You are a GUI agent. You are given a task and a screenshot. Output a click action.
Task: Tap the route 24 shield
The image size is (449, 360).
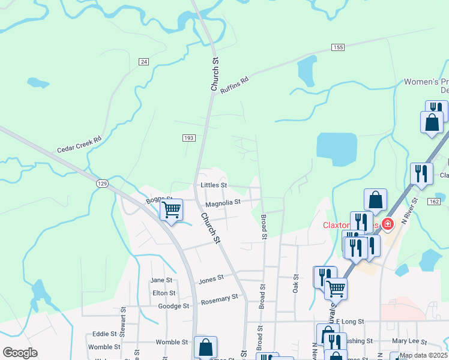click(143, 62)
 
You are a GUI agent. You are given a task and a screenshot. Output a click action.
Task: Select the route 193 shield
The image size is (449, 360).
click(188, 138)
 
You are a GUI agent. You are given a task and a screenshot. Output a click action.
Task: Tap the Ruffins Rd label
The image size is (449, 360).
click(234, 83)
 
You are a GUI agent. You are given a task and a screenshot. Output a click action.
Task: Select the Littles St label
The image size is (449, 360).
click(214, 185)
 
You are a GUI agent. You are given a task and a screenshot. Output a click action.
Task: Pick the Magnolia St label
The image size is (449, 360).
click(223, 203)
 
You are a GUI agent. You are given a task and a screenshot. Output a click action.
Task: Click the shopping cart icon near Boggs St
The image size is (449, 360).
click(171, 210)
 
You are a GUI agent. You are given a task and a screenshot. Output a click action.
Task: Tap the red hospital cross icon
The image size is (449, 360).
click(388, 224)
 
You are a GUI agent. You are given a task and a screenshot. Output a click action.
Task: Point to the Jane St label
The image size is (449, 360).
click(161, 280)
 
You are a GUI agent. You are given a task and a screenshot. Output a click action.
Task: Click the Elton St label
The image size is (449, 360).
click(164, 293)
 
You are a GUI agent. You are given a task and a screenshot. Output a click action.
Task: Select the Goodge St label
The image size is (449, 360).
click(173, 306)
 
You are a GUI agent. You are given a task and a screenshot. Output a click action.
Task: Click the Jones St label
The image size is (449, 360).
click(211, 278)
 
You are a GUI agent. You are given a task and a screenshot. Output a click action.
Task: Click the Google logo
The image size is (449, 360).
click(20, 353)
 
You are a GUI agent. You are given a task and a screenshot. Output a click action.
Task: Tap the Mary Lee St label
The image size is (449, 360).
click(409, 341)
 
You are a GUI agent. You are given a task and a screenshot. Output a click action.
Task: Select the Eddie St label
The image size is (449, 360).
click(104, 334)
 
